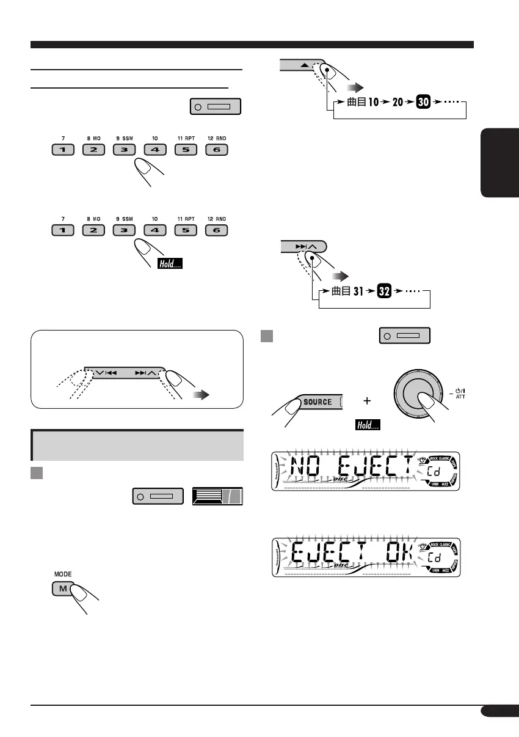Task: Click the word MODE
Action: [x=63, y=575]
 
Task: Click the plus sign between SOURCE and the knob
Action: [x=367, y=402]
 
